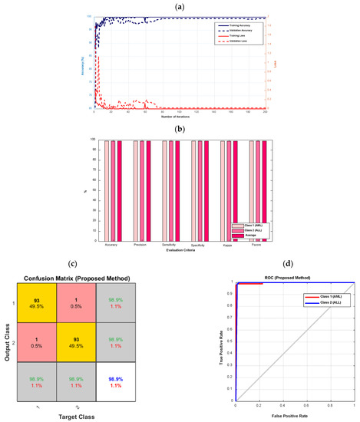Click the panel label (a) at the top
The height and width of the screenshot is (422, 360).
(x=180, y=6)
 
